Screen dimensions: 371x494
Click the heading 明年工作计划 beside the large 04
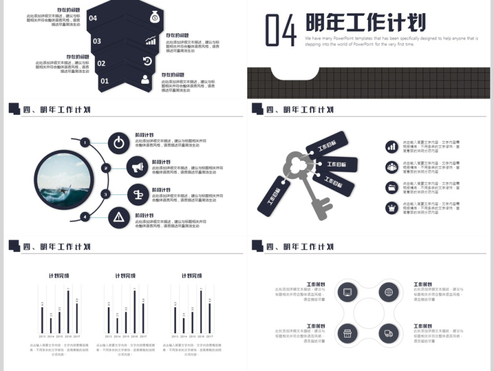tap(366, 23)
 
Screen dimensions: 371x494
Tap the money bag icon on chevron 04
tap(154, 18)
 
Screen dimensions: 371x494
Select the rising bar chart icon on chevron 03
tap(151, 41)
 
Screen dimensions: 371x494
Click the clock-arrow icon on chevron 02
tap(148, 61)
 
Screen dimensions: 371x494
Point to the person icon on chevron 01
tap(145, 79)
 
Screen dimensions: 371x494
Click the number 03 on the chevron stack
tap(97, 41)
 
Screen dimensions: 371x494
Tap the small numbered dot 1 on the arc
tap(85, 142)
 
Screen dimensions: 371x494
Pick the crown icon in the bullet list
tap(392, 207)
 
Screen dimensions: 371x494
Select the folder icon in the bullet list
tap(392, 187)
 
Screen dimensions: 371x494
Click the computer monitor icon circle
tap(347, 292)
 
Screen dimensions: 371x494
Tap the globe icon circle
tap(388, 292)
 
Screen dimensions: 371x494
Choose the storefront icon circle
tap(347, 334)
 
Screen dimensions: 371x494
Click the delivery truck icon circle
tap(388, 334)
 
